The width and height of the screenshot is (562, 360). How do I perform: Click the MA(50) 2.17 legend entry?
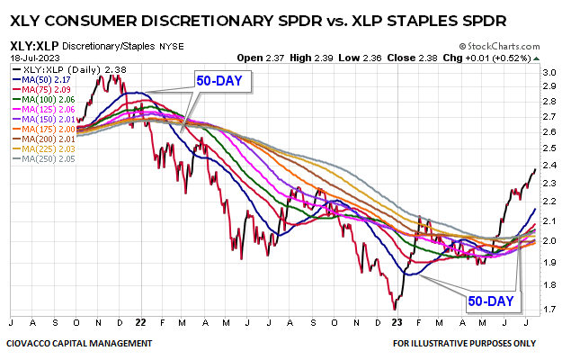[x=42, y=78]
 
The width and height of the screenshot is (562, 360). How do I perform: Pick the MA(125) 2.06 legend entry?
[x=42, y=109]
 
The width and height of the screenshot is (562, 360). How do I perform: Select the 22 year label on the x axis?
[x=142, y=321]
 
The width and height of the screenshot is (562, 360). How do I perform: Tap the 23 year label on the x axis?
[x=397, y=321]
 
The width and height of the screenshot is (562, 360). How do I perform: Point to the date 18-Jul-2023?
[x=29, y=55]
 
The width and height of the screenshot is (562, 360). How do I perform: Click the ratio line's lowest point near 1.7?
[x=394, y=309]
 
